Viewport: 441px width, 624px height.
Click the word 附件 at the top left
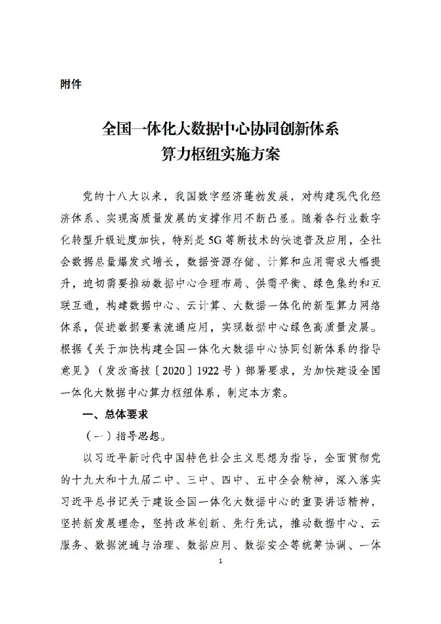[x=71, y=84]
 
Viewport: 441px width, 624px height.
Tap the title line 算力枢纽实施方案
[x=220, y=154]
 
